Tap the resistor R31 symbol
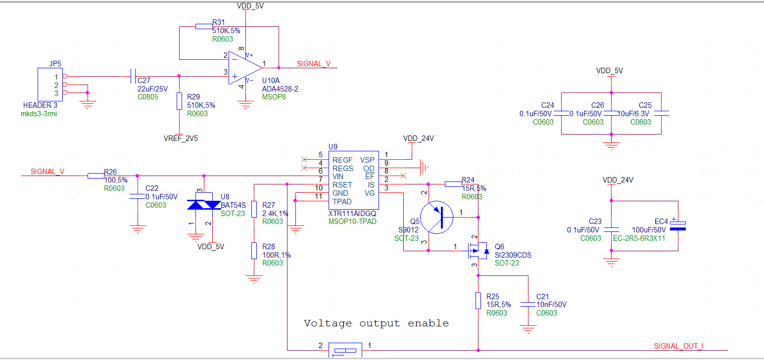[204, 26]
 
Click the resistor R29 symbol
[179, 101]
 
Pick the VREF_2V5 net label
[181, 138]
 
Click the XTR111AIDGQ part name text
[351, 214]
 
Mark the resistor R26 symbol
[96, 176]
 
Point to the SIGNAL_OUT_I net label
[678, 346]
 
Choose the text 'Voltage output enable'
[376, 323]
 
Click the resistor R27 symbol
[254, 209]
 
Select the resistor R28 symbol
[254, 251]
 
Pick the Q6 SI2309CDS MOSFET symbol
[475, 251]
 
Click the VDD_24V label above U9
[418, 138]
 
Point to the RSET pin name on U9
[342, 185]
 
